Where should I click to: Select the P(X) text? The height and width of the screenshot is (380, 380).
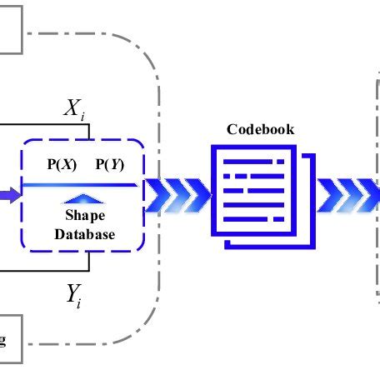click(x=62, y=164)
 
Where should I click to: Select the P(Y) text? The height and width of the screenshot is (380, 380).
click(x=111, y=164)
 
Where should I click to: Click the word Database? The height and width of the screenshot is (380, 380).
click(x=84, y=234)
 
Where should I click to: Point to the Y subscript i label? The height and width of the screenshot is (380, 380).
click(x=76, y=294)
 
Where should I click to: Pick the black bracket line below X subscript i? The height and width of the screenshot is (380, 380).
click(x=50, y=126)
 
